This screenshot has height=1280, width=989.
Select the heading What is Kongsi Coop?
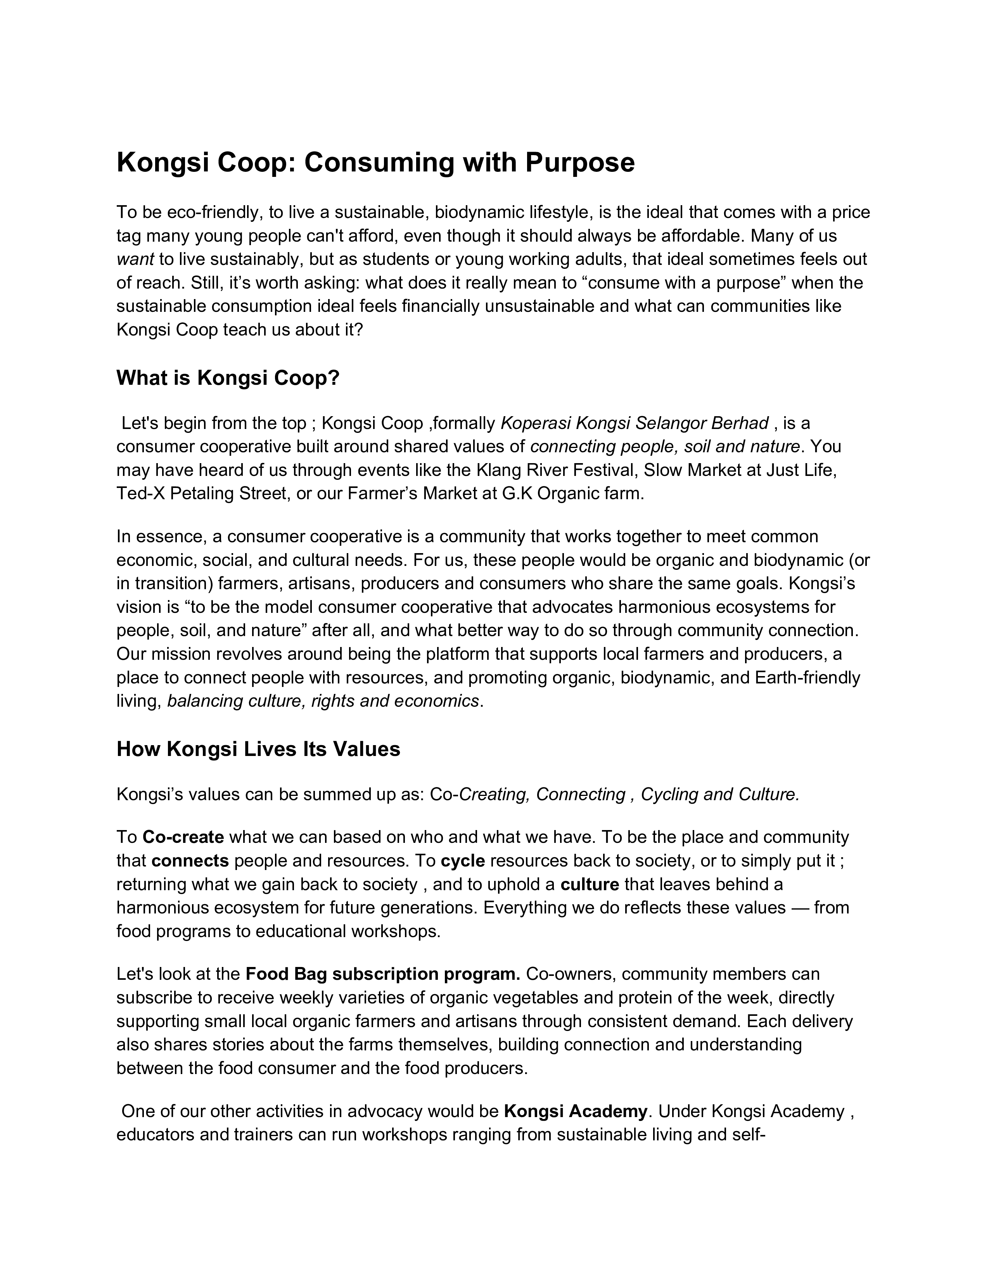click(228, 378)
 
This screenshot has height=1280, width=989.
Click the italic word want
click(135, 259)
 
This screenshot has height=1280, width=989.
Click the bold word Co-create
click(183, 837)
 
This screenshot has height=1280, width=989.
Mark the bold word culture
click(590, 884)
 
